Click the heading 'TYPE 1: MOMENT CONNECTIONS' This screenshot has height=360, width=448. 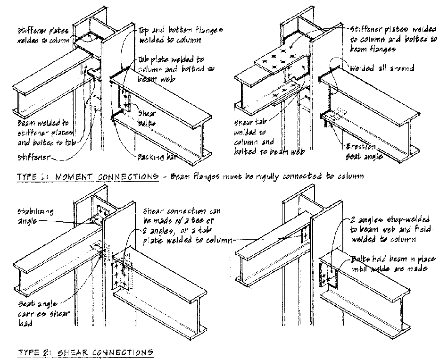point(87,177)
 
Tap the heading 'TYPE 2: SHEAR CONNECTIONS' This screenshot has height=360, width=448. point(85,352)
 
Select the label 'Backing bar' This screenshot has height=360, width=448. point(155,156)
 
